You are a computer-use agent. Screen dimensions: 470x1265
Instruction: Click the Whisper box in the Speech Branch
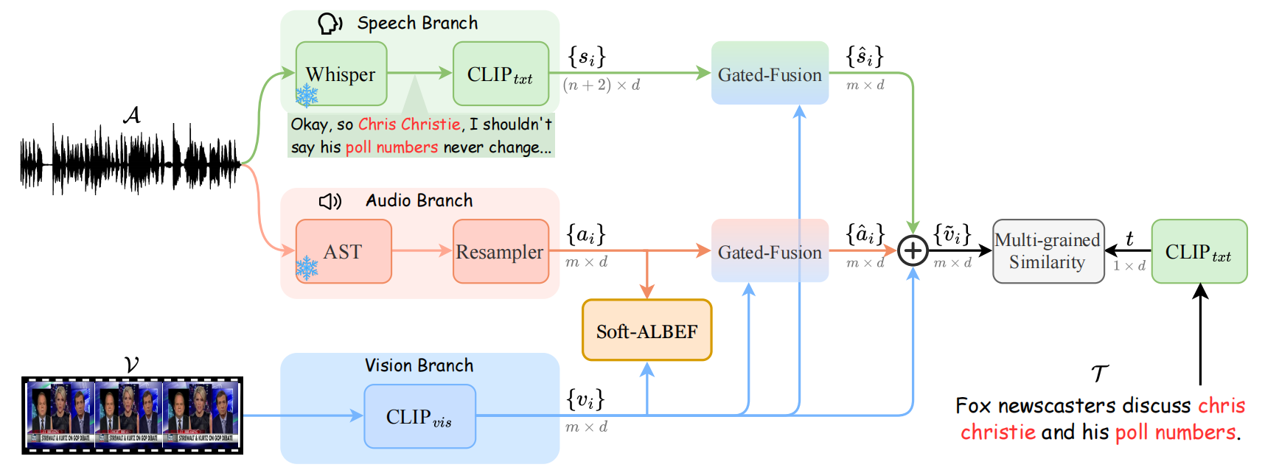[341, 74]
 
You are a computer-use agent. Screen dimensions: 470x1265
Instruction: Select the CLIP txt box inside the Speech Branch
[501, 74]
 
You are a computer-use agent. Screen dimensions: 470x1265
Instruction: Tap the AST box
[343, 251]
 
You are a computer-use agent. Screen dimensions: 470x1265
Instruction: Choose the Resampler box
[501, 251]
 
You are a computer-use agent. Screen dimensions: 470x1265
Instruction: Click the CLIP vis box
[419, 416]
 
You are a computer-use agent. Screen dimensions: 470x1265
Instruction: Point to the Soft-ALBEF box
[647, 331]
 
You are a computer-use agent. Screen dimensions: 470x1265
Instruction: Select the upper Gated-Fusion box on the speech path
[770, 74]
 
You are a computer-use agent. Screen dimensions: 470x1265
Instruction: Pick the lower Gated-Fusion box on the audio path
[770, 251]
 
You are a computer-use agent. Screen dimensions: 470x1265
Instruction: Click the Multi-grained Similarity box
[1048, 251]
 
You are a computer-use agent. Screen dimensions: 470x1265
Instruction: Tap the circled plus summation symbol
[913, 250]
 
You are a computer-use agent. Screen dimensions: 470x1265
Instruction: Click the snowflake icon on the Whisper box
[307, 95]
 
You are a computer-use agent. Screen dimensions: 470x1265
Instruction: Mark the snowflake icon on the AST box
[307, 268]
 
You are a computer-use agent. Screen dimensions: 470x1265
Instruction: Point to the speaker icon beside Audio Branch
[330, 201]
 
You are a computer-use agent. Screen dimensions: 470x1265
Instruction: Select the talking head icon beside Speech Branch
[329, 24]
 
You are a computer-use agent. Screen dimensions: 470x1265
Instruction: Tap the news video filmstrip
[132, 415]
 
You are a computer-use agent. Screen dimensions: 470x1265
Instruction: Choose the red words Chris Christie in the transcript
[409, 124]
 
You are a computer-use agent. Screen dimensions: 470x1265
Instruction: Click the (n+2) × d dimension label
[601, 85]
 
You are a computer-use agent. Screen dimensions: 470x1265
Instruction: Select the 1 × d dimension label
[1129, 266]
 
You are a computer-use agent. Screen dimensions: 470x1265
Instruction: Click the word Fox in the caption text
[973, 406]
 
